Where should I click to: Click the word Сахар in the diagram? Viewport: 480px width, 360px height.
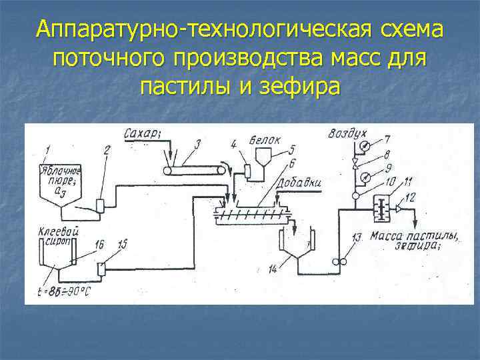(x=142, y=134)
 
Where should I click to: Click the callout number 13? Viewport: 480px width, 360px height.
(x=357, y=237)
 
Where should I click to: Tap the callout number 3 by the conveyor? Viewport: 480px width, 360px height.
(x=198, y=143)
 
